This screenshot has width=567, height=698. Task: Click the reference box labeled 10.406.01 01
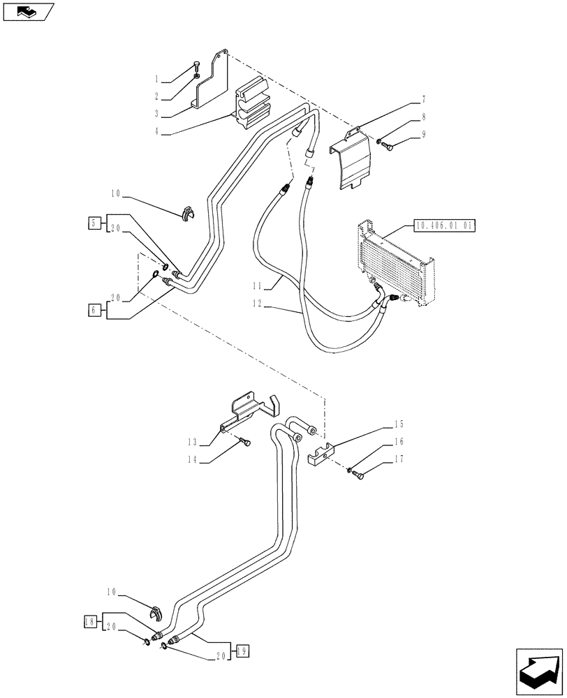(x=444, y=225)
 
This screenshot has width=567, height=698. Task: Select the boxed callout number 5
(x=94, y=223)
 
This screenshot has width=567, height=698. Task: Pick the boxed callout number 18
(x=89, y=620)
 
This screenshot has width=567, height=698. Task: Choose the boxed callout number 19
(x=241, y=651)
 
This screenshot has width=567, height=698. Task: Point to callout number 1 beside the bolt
(x=157, y=79)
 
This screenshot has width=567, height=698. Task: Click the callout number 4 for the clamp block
(x=157, y=131)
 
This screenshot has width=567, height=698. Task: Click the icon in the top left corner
(x=29, y=12)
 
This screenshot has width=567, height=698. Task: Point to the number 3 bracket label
(x=157, y=113)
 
